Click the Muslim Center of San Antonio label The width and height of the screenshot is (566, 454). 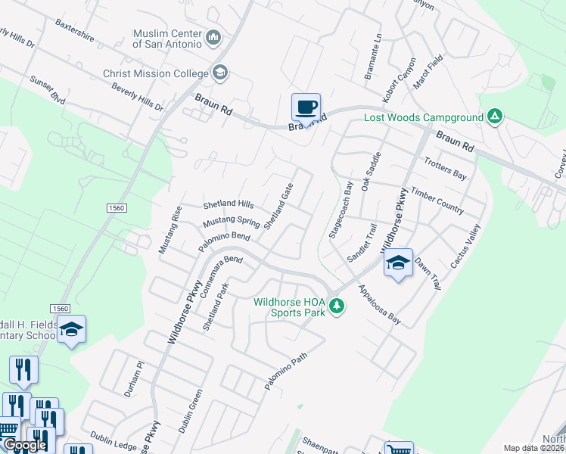click(x=167, y=39)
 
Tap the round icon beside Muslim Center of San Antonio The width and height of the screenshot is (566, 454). click(x=214, y=37)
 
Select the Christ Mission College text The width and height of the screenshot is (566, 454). click(x=156, y=73)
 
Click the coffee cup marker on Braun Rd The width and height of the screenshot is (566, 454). click(x=306, y=107)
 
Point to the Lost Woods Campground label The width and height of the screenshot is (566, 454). click(x=422, y=117)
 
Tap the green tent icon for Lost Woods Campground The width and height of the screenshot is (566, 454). click(x=494, y=117)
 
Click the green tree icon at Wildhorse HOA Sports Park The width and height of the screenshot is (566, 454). click(x=337, y=306)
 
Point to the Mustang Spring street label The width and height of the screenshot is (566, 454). click(x=232, y=222)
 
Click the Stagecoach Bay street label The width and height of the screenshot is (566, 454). click(x=340, y=210)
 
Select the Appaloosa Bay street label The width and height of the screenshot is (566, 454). click(x=380, y=305)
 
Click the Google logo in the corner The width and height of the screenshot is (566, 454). click(x=24, y=445)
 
